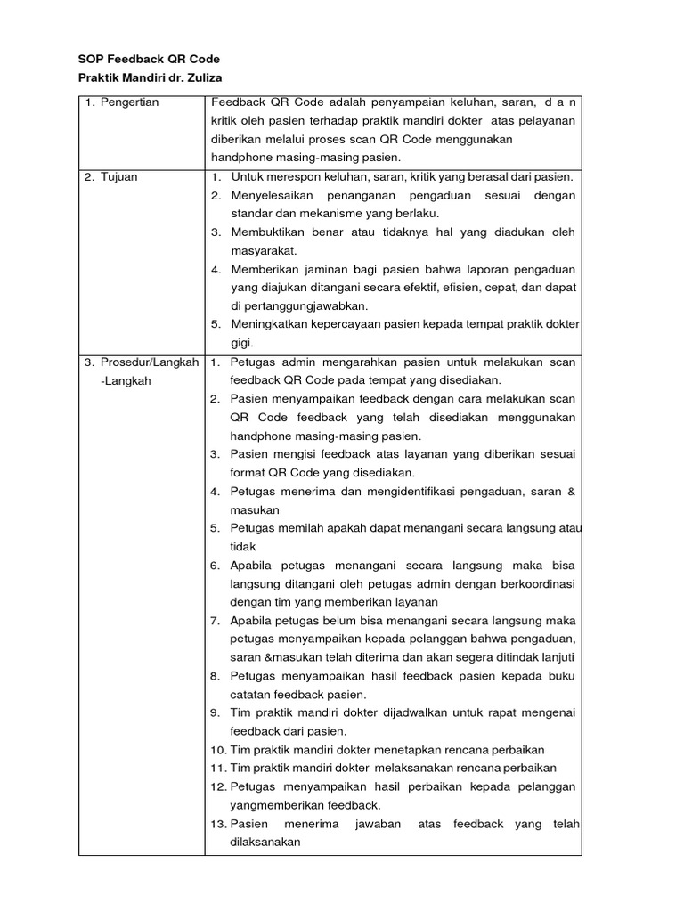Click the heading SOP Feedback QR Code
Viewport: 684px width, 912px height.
tap(149, 59)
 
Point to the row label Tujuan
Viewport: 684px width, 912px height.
tap(118, 176)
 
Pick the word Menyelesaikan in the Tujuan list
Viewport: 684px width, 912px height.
tap(273, 195)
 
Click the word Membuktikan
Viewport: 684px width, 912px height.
tap(270, 232)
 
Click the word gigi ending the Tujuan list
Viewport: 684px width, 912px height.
tap(241, 343)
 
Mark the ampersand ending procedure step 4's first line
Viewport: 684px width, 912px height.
tap(571, 492)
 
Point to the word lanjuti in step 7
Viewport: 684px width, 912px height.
tap(557, 657)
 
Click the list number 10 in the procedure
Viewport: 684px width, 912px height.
tap(218, 750)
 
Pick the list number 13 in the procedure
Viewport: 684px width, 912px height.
tap(218, 824)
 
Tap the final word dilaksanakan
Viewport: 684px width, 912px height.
tap(265, 842)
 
